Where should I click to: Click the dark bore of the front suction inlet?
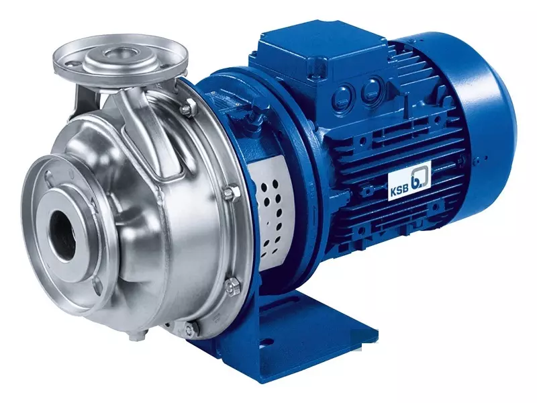tap(62, 234)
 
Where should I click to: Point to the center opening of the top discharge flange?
tap(117, 53)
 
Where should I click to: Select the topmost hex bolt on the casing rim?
tap(188, 107)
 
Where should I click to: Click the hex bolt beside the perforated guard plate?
tap(232, 193)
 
